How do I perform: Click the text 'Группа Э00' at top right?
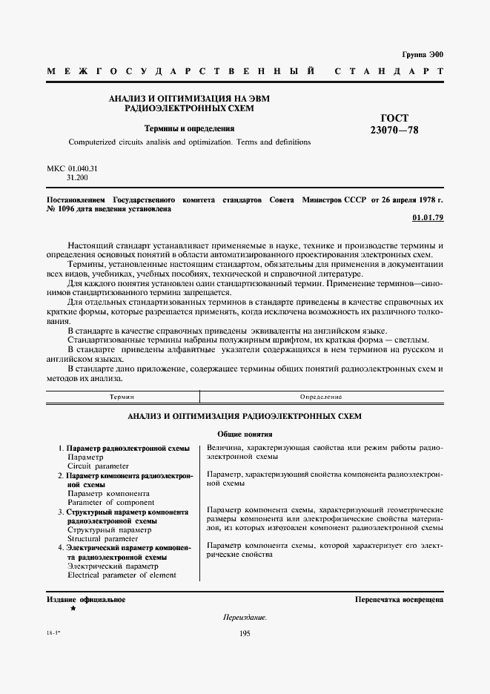[x=422, y=55]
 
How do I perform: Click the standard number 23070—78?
[x=394, y=130]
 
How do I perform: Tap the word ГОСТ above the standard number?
[x=394, y=118]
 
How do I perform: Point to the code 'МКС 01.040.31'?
[x=72, y=169]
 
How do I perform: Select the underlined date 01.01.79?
[x=427, y=218]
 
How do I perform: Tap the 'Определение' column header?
[x=321, y=398]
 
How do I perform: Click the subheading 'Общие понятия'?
[x=245, y=434]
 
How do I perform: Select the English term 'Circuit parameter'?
[x=98, y=466]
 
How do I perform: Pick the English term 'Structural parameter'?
[x=104, y=539]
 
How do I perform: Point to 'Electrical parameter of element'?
[x=122, y=575]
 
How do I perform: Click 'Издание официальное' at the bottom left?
[x=86, y=599]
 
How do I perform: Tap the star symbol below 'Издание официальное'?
[x=73, y=609]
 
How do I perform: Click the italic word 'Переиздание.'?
[x=245, y=617]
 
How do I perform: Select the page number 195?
[x=245, y=632]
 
